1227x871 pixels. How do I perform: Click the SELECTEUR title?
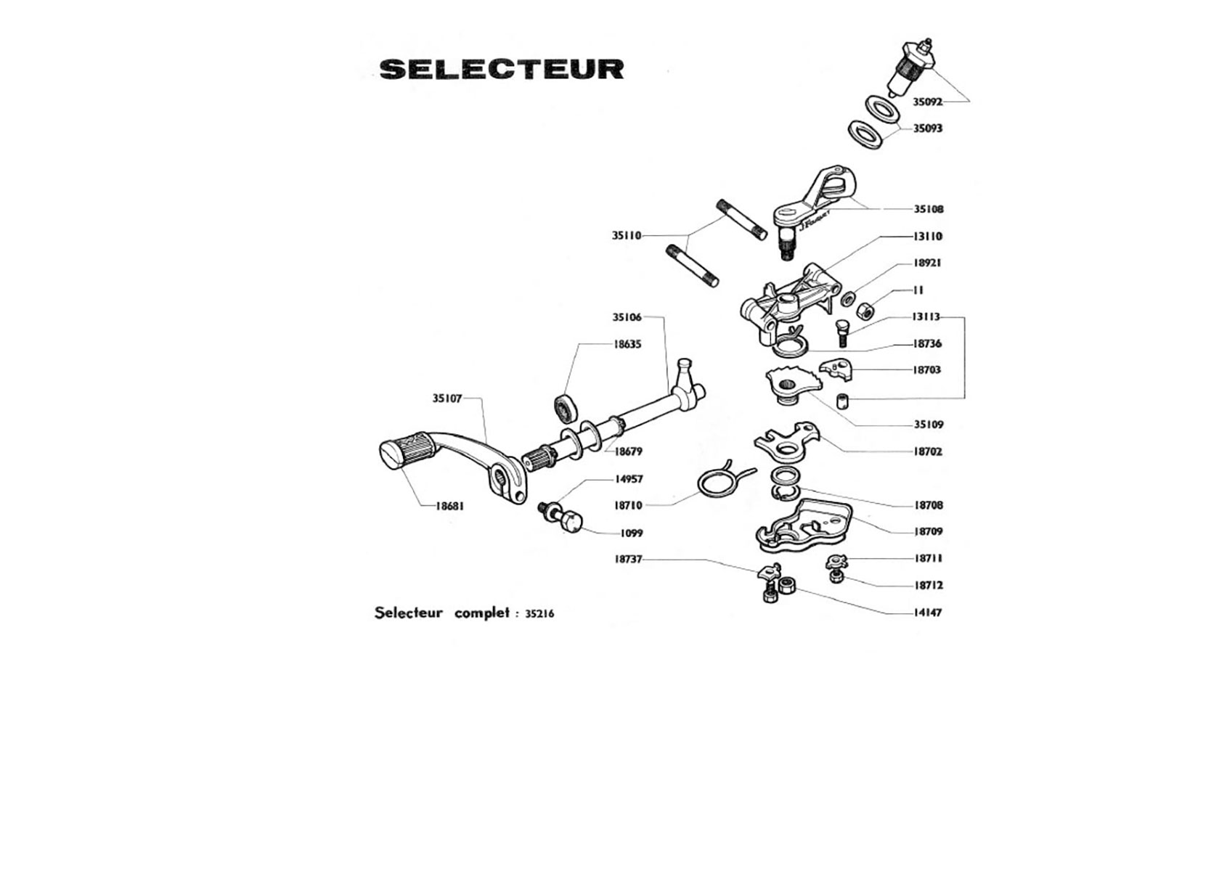502,69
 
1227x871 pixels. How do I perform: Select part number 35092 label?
927,102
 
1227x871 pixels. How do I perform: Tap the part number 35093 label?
927,128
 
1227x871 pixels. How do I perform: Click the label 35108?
929,209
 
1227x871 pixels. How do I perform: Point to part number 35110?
627,236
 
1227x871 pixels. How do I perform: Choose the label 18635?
627,344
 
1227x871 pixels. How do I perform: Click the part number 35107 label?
447,398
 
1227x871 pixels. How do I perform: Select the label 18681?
450,506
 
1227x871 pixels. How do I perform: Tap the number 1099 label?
632,533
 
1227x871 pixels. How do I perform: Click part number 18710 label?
628,505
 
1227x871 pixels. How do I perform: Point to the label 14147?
928,613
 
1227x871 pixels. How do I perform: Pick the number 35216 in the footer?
539,613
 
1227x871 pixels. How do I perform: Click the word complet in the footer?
482,613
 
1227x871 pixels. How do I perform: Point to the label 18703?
927,370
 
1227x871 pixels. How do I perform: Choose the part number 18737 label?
628,560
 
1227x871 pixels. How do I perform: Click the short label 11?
918,290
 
